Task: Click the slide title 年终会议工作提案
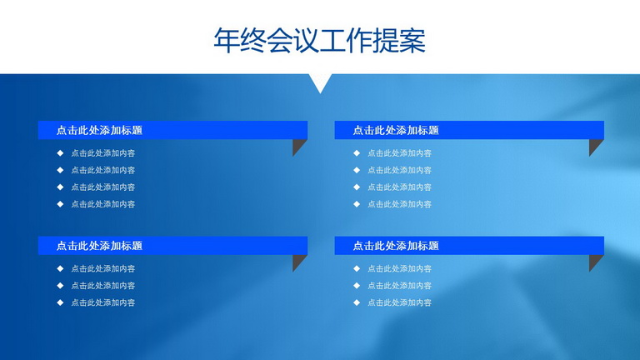coord(320,40)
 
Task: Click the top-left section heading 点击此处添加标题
coord(99,130)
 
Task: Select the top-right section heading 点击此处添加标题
coord(396,130)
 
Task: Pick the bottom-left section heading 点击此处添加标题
coord(99,246)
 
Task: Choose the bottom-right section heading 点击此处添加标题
coord(396,246)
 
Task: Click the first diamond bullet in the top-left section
coord(60,153)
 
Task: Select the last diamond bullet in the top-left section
coord(60,204)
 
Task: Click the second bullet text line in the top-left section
coord(102,170)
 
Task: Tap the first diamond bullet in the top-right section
coord(357,153)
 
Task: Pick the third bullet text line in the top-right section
coord(399,187)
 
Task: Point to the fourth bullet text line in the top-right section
coord(399,204)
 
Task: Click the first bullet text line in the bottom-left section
coord(102,268)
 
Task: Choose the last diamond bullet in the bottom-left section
coord(60,302)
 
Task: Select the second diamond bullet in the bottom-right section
coord(357,286)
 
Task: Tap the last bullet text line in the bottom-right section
coord(399,302)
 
